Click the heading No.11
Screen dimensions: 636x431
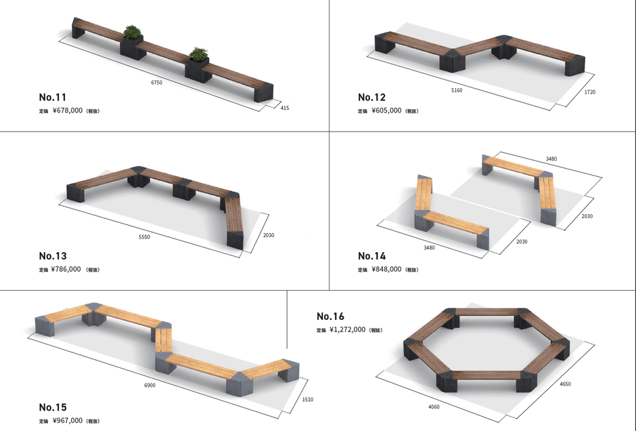52,97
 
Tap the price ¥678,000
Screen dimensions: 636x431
68,110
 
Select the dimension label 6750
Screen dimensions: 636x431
156,83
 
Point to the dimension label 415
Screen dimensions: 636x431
285,108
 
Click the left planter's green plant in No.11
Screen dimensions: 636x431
132,32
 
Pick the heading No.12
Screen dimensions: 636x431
371,97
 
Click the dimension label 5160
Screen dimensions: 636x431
457,90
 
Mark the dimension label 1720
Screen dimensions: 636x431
590,92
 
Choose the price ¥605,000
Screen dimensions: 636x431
386,110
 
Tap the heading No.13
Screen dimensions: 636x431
53,256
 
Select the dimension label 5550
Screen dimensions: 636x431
144,237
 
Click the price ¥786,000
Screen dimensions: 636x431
66,269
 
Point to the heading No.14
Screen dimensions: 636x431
372,256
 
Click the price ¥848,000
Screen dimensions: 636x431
386,269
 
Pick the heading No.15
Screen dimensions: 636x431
53,407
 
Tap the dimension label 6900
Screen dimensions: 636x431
150,385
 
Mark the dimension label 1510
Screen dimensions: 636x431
308,400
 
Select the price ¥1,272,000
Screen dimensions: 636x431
348,329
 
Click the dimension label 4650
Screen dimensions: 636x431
565,384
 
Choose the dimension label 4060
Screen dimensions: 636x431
434,407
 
